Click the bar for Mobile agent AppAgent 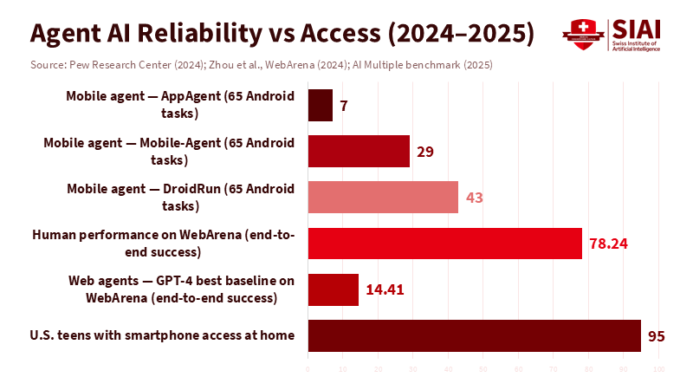pyautogui.click(x=321, y=105)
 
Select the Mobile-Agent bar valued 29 pyautogui.click(x=359, y=151)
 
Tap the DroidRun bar pyautogui.click(x=383, y=197)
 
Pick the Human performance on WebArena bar pyautogui.click(x=445, y=243)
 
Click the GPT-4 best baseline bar pyautogui.click(x=334, y=289)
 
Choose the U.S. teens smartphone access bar pyautogui.click(x=475, y=335)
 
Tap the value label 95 pyautogui.click(x=657, y=335)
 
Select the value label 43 pyautogui.click(x=474, y=198)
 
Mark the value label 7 pyautogui.click(x=344, y=106)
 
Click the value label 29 pyautogui.click(x=424, y=152)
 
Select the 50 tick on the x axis pyautogui.click(x=483, y=370)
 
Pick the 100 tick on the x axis pyautogui.click(x=658, y=370)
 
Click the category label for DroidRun pyautogui.click(x=181, y=197)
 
